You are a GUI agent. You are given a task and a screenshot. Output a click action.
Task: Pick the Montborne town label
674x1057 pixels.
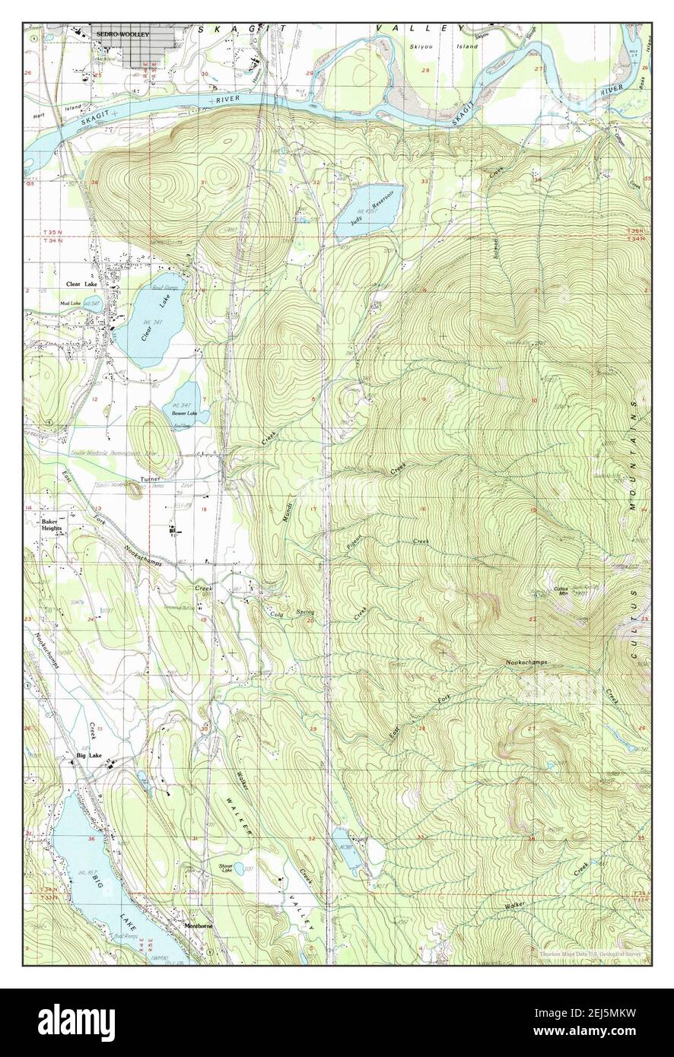coord(199,925)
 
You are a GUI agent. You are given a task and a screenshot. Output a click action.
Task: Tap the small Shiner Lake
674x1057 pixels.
coord(238,868)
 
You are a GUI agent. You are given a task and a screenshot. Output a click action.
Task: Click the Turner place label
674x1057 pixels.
coord(148,480)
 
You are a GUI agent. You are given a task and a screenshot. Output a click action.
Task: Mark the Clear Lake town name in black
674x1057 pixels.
coord(78,284)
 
